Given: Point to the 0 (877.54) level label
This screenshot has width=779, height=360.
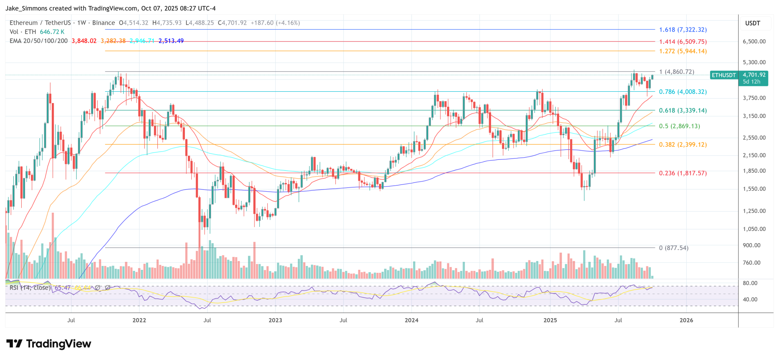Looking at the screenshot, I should (674, 248).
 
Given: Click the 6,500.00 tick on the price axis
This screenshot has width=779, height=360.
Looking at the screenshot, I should (754, 41).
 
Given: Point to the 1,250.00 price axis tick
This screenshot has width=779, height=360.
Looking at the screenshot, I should (754, 211).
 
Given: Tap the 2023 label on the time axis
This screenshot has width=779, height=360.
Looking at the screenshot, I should (275, 320).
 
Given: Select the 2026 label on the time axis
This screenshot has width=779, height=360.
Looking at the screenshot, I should (686, 320).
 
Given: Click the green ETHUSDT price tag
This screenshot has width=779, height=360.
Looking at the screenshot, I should (723, 75).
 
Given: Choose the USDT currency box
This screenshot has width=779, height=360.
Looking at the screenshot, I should (752, 23).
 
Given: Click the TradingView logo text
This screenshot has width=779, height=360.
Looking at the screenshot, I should (59, 344).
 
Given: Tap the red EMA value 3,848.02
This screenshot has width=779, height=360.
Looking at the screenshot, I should (84, 41).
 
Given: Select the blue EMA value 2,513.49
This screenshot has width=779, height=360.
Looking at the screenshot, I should (171, 41).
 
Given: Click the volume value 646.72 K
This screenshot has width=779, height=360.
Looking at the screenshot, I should (52, 32).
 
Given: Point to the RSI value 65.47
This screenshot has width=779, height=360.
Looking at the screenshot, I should (62, 288).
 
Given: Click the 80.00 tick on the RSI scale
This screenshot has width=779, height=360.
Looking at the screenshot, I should (750, 283).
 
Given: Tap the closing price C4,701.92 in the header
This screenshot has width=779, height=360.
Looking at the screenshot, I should (232, 23).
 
